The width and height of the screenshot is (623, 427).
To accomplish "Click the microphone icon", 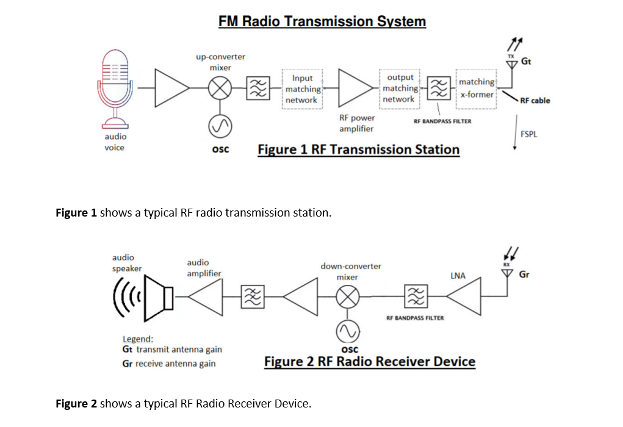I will [x=116, y=85].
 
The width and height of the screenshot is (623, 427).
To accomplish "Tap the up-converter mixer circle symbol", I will [x=220, y=90].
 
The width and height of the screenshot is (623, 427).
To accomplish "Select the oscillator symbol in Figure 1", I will [x=220, y=126].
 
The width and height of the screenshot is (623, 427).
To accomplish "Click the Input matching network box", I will [x=302, y=89].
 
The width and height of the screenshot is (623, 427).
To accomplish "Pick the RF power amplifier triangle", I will [x=354, y=88].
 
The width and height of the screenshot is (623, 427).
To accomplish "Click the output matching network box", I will [x=399, y=88].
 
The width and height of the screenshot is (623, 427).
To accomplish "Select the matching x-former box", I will [x=477, y=88].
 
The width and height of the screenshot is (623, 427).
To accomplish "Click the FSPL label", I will [x=528, y=134].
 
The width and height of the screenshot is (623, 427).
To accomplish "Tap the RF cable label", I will [x=535, y=101].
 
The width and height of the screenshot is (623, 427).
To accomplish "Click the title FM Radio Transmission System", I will [x=322, y=21].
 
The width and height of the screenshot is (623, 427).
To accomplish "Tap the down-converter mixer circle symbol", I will [x=348, y=296].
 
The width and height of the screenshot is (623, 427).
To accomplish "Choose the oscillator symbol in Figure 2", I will [x=348, y=331].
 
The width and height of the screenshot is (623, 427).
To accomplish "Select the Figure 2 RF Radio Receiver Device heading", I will [x=369, y=361].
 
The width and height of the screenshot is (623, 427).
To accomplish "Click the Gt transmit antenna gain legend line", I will [x=173, y=350].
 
